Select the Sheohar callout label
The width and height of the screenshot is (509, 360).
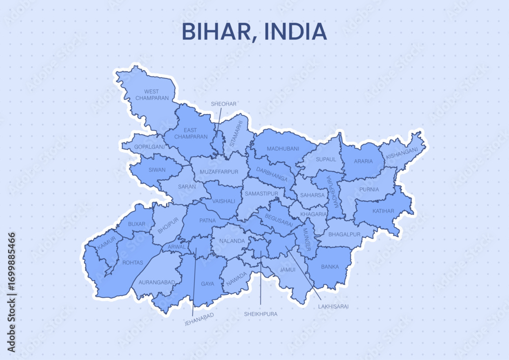[224, 104]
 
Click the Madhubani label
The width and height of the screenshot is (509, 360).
[283, 149]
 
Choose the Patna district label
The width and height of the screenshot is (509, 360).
[208, 220]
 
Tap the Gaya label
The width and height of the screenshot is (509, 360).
[208, 284]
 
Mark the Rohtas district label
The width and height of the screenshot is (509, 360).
[133, 263]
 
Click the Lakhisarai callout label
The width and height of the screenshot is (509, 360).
[333, 307]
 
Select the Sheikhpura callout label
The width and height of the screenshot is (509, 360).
[261, 314]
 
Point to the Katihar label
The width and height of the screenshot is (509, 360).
[383, 210]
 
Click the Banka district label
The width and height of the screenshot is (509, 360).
[330, 267]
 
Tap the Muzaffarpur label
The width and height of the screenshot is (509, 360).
[219, 172]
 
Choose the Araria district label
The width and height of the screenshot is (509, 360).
[363, 161]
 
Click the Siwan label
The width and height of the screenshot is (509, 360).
[157, 170]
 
